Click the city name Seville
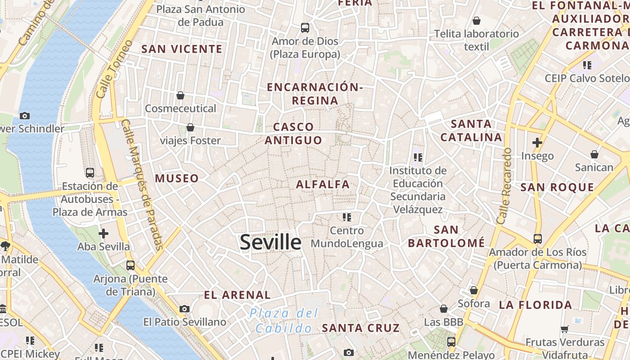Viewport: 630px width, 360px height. point(270,242)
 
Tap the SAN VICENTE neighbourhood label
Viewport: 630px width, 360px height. point(182,49)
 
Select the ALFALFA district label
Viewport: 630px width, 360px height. point(323,184)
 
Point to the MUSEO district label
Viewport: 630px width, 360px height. point(177,178)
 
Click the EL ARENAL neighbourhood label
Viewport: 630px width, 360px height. point(237,295)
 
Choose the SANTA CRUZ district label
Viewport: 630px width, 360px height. point(361,328)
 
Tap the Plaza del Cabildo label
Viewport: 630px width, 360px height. point(284,320)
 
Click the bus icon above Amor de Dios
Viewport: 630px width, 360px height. point(305,28)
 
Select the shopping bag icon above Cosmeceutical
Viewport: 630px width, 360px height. point(180,95)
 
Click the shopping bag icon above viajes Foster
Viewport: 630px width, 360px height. point(190,127)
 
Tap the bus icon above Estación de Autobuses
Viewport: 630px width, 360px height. point(90,172)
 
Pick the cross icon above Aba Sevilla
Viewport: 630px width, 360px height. point(103,233)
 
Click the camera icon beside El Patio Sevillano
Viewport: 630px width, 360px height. point(184,309)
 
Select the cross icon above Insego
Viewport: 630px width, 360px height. point(537,143)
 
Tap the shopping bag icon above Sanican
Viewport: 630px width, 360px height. point(594,154)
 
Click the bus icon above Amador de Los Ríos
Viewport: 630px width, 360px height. point(538,238)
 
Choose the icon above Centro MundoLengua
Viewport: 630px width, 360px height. point(346,217)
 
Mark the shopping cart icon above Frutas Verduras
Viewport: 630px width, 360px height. point(565,329)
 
